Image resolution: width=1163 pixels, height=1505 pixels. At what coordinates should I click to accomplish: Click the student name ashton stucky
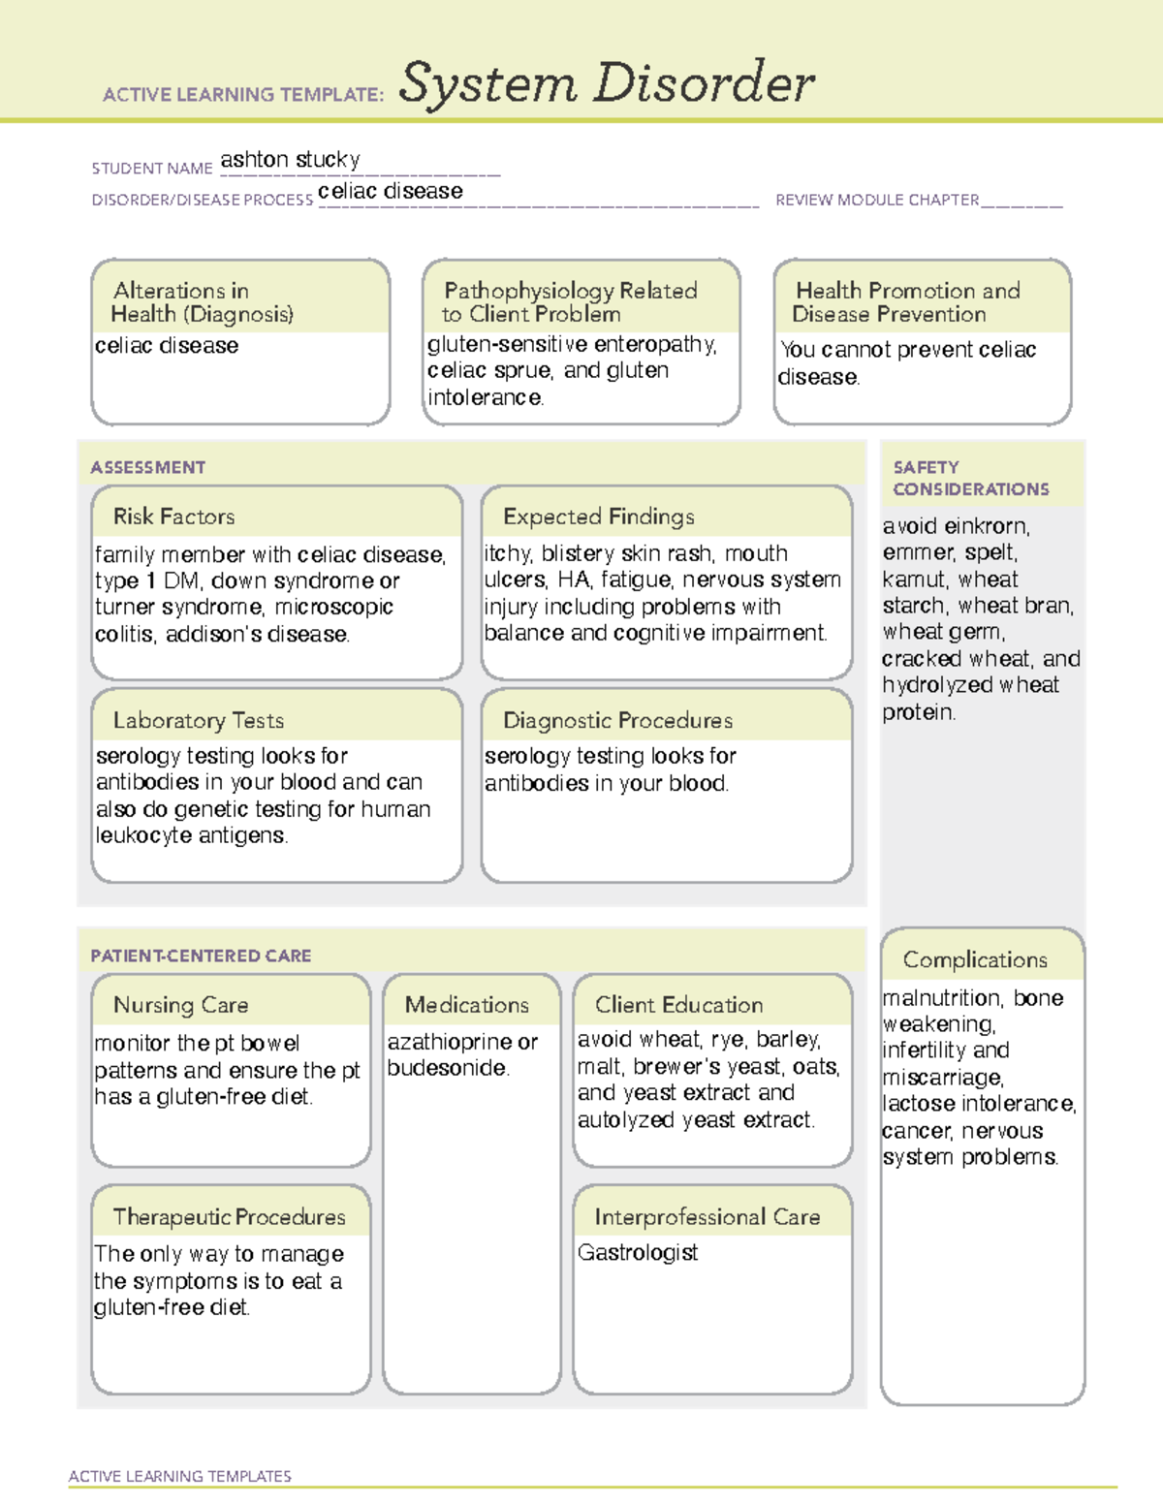(x=290, y=159)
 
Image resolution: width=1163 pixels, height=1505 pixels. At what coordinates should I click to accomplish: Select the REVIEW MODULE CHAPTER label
(x=876, y=200)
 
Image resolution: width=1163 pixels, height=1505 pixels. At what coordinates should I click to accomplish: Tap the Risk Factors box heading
(x=173, y=517)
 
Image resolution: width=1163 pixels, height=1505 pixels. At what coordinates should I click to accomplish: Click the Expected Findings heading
(x=598, y=517)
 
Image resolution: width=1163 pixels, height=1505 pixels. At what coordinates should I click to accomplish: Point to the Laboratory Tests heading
(x=198, y=720)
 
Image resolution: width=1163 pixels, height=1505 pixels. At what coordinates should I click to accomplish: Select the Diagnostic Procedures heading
(x=617, y=720)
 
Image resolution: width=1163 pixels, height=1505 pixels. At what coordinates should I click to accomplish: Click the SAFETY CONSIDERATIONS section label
(x=969, y=478)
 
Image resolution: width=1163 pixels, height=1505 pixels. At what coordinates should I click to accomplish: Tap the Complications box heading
(x=974, y=959)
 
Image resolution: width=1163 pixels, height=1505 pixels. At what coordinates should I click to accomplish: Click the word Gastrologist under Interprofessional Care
(x=637, y=1252)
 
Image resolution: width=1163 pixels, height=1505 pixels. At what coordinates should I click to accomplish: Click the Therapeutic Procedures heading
(x=229, y=1216)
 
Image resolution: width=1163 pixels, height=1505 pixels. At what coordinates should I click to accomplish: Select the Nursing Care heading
(x=180, y=1005)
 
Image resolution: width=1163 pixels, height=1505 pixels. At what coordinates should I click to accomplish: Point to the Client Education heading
(x=678, y=1005)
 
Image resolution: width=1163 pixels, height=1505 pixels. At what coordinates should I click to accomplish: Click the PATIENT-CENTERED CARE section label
(x=201, y=956)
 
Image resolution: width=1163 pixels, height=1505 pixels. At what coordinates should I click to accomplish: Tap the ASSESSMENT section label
(x=147, y=467)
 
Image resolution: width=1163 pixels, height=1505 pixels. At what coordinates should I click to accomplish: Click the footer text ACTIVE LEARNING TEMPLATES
(x=179, y=1476)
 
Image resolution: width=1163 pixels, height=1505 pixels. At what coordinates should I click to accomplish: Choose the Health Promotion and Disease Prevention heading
(x=906, y=301)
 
